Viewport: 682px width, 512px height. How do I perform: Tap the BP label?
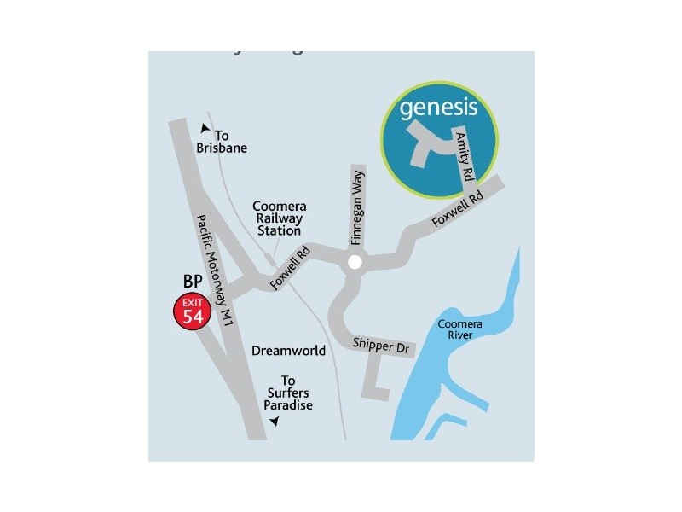point(192,281)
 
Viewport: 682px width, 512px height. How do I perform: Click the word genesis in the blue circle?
point(436,108)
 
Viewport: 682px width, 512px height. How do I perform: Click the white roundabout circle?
point(354,265)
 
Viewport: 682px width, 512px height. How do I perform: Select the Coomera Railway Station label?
point(280,218)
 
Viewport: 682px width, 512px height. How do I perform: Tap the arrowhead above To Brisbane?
point(205,129)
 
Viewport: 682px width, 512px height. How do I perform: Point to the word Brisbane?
point(222,148)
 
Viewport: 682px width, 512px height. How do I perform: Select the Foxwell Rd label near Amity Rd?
point(457,208)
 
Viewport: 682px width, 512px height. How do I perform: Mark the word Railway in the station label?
point(280,218)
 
